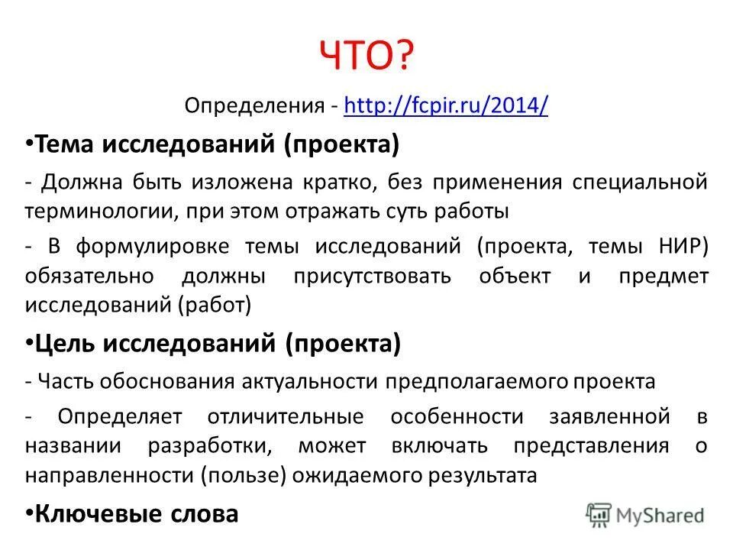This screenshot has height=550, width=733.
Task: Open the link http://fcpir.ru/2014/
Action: [446, 105]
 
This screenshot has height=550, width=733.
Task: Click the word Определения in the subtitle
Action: [255, 105]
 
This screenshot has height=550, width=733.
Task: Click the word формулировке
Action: [153, 247]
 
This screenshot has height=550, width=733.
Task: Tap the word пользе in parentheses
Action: [244, 475]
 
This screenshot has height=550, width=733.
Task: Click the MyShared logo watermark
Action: [645, 515]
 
